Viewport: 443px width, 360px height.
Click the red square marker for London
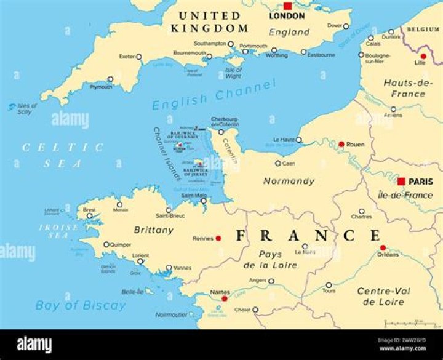click(287, 6)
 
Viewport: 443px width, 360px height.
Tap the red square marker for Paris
click(401, 182)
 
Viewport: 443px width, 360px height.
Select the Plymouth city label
click(101, 87)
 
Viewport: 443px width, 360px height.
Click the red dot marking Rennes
click(218, 238)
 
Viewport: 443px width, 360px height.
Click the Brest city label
click(89, 209)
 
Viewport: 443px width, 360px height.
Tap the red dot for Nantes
click(225, 298)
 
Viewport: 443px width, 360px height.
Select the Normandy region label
click(289, 181)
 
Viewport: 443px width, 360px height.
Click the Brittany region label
click(154, 230)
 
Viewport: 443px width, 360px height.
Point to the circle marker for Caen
click(278, 164)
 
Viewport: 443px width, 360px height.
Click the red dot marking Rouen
click(341, 145)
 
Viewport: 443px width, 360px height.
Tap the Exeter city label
click(127, 57)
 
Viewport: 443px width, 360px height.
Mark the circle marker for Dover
click(346, 26)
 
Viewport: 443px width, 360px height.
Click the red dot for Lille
click(423, 56)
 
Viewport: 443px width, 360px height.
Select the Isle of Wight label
click(234, 73)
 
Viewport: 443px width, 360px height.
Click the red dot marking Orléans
click(383, 248)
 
